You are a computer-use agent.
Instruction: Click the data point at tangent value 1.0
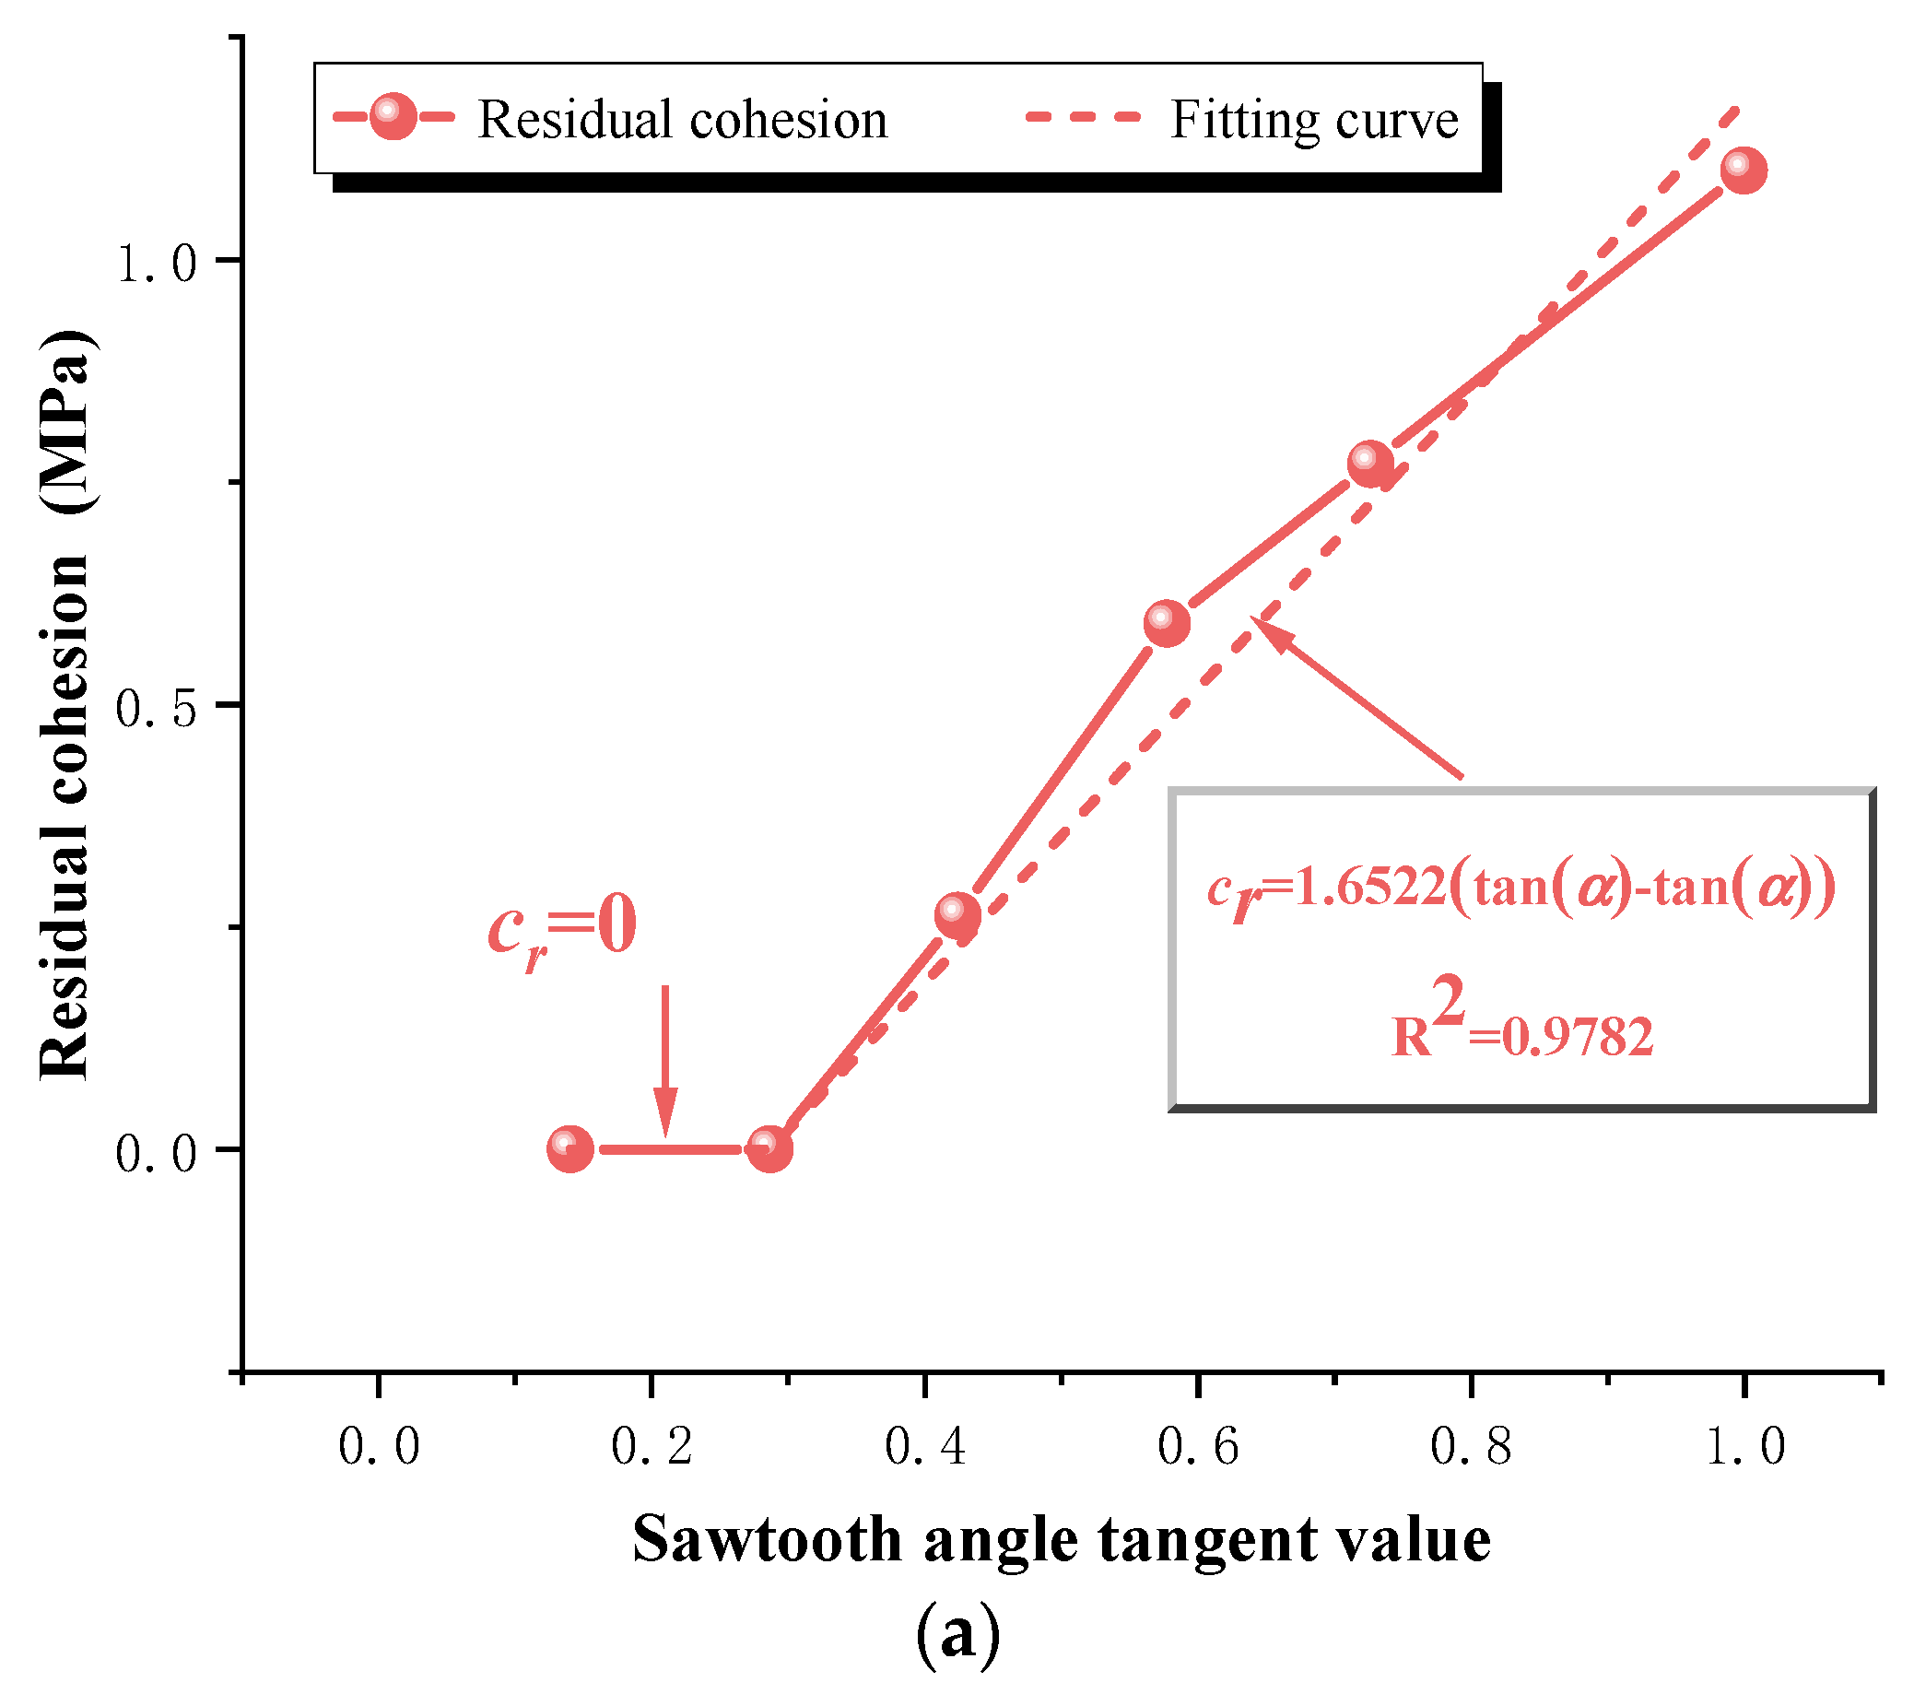(x=1743, y=171)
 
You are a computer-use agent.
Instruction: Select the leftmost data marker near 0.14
(x=570, y=1149)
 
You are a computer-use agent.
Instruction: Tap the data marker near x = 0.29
(x=769, y=1149)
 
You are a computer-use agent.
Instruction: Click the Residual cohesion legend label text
(x=683, y=121)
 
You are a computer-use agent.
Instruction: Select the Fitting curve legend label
(x=1314, y=121)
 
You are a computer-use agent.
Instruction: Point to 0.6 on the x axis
(x=1198, y=1448)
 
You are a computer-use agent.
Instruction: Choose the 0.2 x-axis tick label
(x=652, y=1448)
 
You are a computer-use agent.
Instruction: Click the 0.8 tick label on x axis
(x=1471, y=1448)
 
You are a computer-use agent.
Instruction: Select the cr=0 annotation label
(x=563, y=928)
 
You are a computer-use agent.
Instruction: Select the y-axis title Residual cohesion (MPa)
(x=65, y=704)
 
